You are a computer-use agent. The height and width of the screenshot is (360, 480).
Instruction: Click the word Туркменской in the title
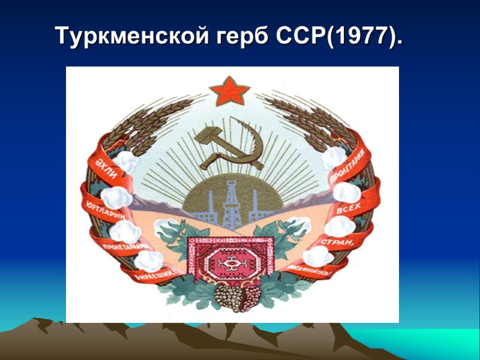coord(128,37)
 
